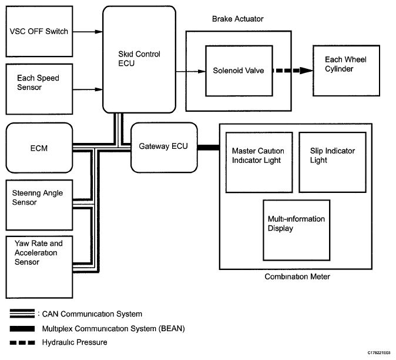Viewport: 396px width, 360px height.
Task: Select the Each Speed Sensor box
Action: tap(39, 89)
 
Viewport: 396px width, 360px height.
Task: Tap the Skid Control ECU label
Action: tap(139, 59)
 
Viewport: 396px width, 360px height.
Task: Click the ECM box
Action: tap(39, 147)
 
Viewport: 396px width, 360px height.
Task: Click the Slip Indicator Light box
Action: tap(332, 162)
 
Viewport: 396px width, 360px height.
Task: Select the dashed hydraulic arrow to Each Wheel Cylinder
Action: tap(287, 71)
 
